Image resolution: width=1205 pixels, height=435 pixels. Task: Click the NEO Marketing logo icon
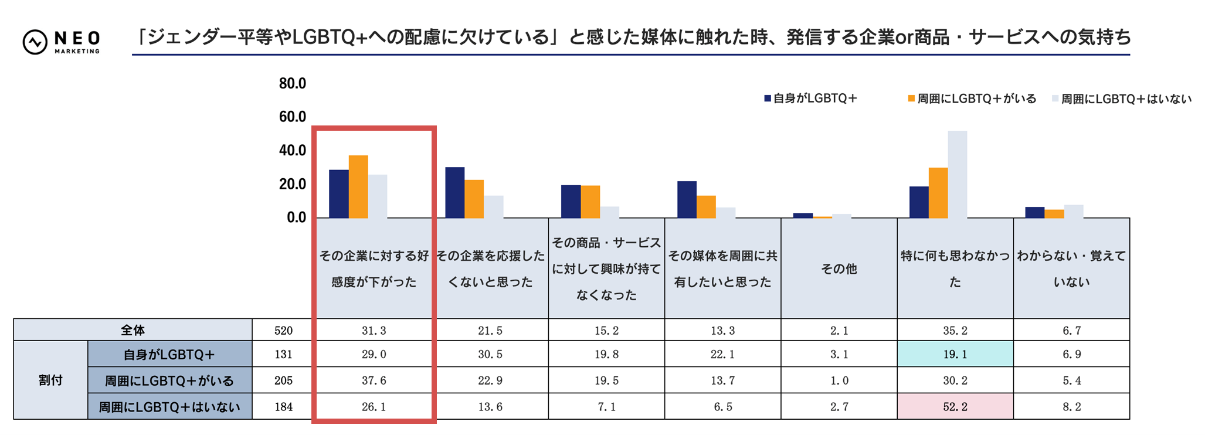[x=35, y=42]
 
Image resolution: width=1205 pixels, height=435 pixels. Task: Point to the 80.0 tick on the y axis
[x=292, y=84]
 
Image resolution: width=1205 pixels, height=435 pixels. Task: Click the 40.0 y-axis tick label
[x=292, y=151]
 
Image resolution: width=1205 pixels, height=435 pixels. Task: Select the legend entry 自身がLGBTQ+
[x=810, y=98]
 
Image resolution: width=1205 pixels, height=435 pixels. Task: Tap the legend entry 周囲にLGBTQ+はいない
[x=1122, y=99]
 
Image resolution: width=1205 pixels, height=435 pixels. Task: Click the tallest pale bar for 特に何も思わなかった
[x=957, y=175]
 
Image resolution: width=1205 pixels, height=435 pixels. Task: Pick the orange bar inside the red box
[x=358, y=187]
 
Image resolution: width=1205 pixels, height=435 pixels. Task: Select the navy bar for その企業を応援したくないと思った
[x=455, y=193]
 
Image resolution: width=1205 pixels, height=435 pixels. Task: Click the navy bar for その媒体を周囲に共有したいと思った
[x=687, y=200]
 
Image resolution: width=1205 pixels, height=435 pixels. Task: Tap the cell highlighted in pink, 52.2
[x=955, y=406]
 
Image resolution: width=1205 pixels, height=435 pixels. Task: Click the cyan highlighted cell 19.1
[x=955, y=354]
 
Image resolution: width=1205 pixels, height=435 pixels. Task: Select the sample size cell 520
[x=283, y=330]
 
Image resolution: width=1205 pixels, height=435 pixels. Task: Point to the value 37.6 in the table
[x=374, y=380]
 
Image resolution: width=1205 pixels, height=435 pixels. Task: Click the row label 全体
[x=133, y=330]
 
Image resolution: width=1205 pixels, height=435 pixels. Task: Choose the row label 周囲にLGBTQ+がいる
[x=169, y=380]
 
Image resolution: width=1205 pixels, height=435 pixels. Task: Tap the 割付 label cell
[x=50, y=380]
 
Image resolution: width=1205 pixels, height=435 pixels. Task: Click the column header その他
[x=839, y=269]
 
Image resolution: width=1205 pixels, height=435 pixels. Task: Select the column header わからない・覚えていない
[x=1071, y=269]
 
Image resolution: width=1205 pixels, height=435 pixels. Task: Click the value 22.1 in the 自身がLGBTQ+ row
[x=722, y=354]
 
